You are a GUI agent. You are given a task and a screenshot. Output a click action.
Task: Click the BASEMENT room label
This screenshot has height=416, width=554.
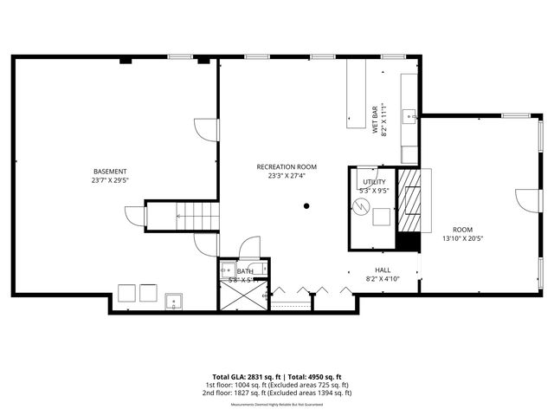click(x=111, y=171)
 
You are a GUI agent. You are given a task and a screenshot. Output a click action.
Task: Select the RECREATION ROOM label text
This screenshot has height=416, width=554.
click(x=287, y=166)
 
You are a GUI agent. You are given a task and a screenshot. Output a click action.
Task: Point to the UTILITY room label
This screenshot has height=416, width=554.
click(x=374, y=182)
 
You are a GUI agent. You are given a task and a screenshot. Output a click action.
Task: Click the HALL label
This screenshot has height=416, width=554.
click(x=383, y=270)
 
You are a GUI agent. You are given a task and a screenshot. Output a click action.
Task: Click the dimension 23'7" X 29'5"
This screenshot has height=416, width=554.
click(x=111, y=181)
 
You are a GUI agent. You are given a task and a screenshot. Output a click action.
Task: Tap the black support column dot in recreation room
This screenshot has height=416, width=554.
click(x=306, y=206)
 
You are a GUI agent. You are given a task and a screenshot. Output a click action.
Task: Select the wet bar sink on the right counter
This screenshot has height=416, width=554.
click(x=410, y=114)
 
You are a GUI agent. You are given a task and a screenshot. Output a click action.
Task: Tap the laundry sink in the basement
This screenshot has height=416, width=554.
click(x=173, y=302)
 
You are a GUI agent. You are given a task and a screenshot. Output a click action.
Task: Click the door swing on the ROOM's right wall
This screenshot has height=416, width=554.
click(x=527, y=201)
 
